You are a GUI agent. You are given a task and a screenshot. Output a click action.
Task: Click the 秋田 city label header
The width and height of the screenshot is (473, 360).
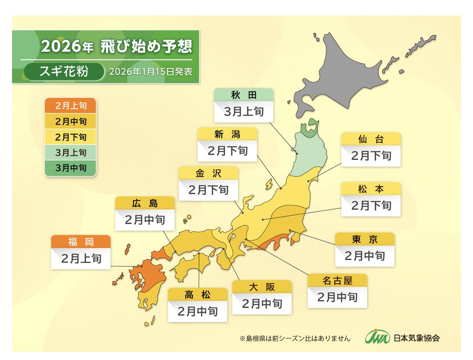click(x=244, y=95)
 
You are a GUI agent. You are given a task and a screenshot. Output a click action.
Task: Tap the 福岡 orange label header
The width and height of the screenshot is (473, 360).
click(x=80, y=242)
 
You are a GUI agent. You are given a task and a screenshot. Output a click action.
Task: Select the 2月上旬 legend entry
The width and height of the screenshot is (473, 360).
click(x=70, y=106)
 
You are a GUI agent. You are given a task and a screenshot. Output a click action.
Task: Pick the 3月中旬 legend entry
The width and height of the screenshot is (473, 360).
click(x=70, y=168)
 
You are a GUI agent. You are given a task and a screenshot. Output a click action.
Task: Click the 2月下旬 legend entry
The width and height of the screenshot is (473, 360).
click(x=70, y=137)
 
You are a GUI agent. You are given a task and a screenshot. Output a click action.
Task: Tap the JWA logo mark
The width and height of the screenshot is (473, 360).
click(x=377, y=337)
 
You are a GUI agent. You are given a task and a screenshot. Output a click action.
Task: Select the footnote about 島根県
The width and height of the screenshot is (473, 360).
click(x=295, y=338)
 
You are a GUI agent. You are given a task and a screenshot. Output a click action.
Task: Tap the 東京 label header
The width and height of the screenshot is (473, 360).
click(x=364, y=239)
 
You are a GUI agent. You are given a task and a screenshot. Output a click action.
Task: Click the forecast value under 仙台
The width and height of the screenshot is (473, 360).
click(x=371, y=156)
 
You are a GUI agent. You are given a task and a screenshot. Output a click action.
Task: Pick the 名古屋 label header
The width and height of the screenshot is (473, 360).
click(x=337, y=281)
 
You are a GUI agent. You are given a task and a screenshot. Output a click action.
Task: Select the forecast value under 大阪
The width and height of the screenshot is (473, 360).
click(x=262, y=303)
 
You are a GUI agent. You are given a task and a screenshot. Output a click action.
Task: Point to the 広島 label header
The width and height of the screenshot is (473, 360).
click(x=145, y=203)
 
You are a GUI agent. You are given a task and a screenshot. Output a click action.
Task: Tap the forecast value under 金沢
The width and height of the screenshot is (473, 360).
click(x=208, y=190)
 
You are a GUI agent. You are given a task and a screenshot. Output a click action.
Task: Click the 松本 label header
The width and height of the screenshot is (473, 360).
click(x=371, y=189)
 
